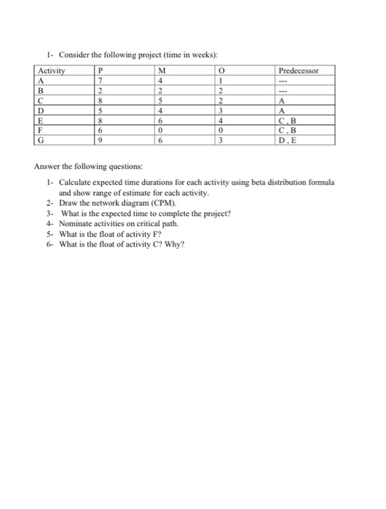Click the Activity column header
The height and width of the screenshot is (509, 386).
(52, 71)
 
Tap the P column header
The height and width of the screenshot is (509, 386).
(101, 71)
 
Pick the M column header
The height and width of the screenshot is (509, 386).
(160, 71)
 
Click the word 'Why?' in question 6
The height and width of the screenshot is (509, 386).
(177, 245)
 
